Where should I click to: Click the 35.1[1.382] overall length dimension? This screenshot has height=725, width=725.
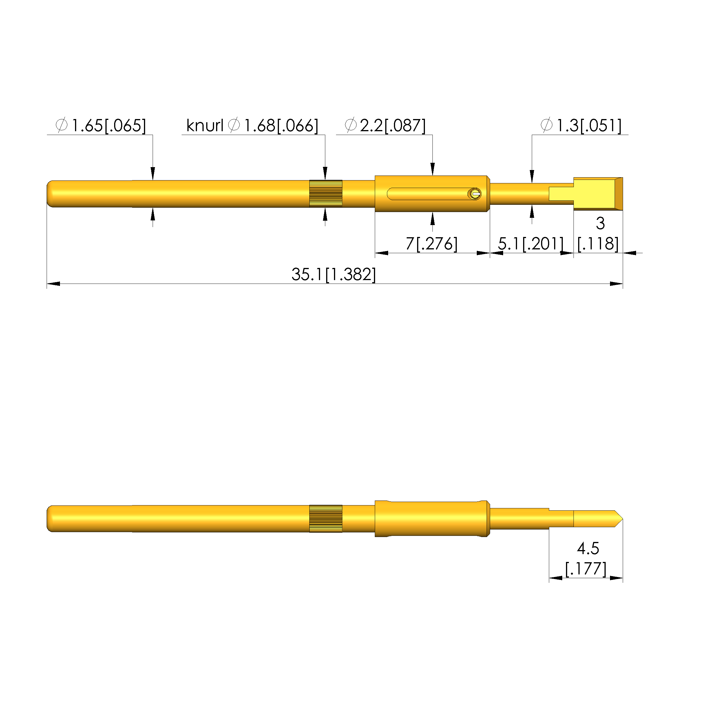pos(334,275)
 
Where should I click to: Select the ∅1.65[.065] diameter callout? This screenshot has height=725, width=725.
pos(101,125)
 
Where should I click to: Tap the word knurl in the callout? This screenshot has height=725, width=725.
pos(204,125)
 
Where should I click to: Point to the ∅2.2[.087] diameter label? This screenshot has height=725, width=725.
pos(385,125)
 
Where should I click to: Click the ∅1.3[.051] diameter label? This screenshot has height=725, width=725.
pos(581,125)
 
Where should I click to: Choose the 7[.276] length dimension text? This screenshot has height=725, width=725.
pos(432,244)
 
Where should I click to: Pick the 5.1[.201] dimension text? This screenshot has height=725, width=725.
pos(531,244)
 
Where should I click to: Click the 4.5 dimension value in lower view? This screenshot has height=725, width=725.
pos(588,549)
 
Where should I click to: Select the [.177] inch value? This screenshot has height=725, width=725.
pos(586,569)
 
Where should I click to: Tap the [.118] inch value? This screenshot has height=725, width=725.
pos(598,244)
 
